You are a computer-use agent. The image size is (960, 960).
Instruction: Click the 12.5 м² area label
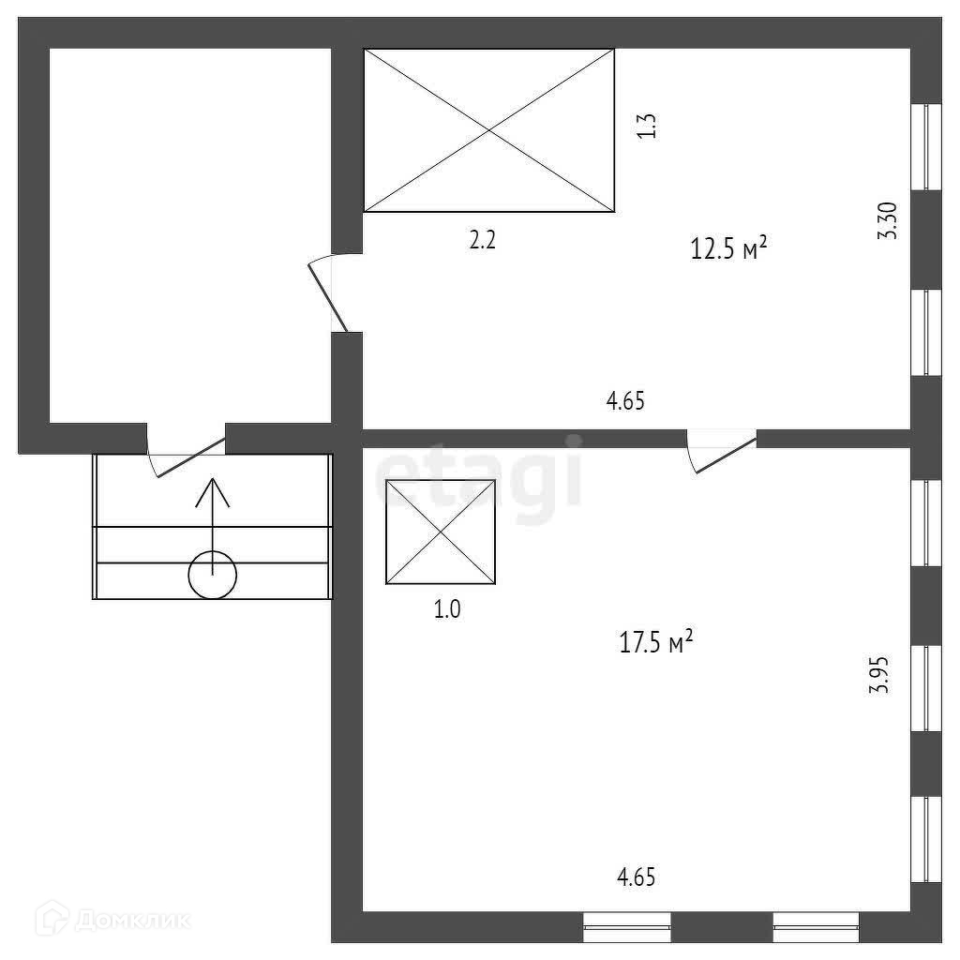(729, 249)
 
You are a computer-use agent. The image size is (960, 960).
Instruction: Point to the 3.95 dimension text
(878, 674)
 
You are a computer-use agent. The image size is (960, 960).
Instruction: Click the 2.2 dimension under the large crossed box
(482, 240)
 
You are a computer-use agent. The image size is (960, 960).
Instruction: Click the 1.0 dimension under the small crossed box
(446, 609)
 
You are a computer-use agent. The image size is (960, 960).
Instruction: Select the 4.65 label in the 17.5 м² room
(636, 877)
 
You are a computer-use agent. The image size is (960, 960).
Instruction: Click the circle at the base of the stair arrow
(213, 575)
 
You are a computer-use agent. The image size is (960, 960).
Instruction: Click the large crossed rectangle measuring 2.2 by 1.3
(489, 130)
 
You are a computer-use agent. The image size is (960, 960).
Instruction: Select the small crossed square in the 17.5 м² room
(441, 532)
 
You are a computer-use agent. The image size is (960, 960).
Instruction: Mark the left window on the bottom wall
(626, 926)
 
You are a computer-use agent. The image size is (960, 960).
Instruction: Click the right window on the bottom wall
(816, 926)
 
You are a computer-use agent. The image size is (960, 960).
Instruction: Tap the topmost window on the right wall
(927, 146)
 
